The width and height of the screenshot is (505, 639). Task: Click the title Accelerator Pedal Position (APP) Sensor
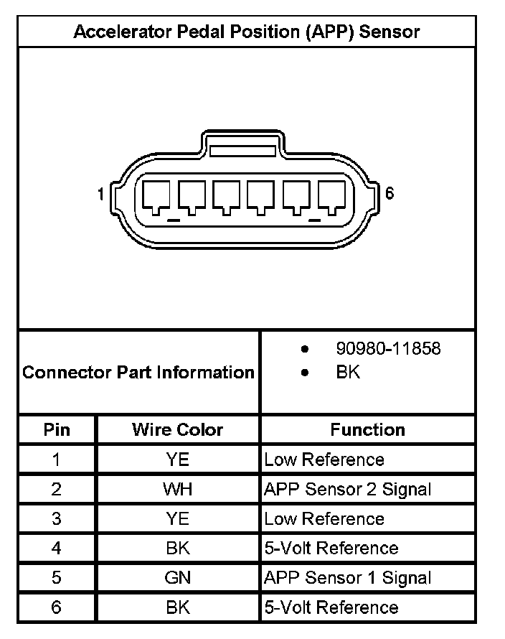click(x=246, y=32)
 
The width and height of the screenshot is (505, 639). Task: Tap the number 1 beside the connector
click(x=102, y=194)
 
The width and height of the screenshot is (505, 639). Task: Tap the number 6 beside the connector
click(x=390, y=193)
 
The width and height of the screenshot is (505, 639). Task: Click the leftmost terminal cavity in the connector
click(x=157, y=195)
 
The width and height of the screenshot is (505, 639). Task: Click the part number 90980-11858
click(x=388, y=349)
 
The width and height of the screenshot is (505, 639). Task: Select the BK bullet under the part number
click(x=348, y=372)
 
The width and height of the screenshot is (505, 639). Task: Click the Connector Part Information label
click(x=138, y=373)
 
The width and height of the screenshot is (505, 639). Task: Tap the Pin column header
click(x=57, y=430)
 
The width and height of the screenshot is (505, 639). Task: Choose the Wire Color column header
click(x=177, y=430)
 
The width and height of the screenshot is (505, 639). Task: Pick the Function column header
click(x=367, y=430)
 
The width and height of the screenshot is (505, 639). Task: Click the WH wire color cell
click(x=177, y=490)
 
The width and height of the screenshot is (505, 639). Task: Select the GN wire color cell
click(x=177, y=577)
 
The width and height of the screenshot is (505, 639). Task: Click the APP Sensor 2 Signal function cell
click(x=348, y=490)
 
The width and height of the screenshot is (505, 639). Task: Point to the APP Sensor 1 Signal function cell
click(x=348, y=577)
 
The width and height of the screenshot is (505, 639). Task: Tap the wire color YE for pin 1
click(x=177, y=460)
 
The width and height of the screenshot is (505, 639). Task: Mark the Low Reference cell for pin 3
click(x=324, y=518)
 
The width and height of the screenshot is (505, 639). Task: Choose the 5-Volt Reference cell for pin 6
click(x=331, y=607)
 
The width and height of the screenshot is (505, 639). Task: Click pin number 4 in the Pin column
click(x=57, y=548)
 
